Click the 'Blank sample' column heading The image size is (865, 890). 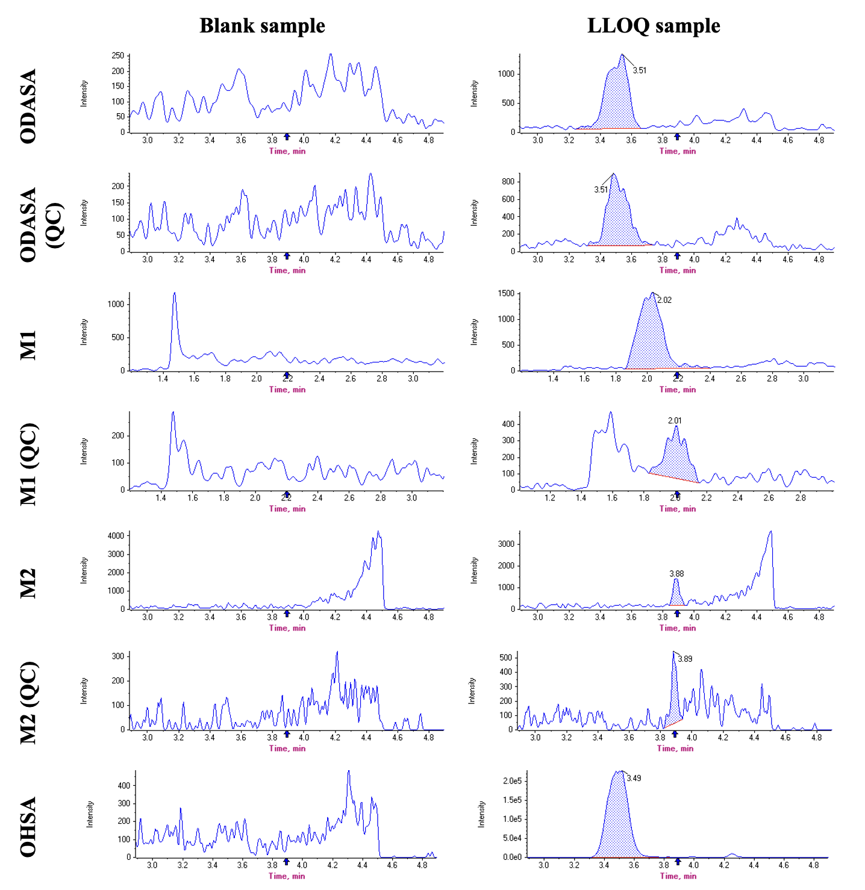(x=262, y=26)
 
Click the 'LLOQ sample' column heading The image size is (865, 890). (x=654, y=26)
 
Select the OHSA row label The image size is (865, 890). (x=28, y=826)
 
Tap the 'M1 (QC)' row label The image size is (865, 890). (x=28, y=464)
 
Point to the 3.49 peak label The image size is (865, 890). (x=634, y=778)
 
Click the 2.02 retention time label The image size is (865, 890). (x=664, y=300)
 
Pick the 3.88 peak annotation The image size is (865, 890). (x=676, y=574)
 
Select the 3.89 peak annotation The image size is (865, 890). (x=685, y=659)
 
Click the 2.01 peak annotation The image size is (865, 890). (x=675, y=421)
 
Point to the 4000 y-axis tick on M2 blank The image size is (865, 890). (x=116, y=536)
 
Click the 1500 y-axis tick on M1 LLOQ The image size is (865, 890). (x=507, y=294)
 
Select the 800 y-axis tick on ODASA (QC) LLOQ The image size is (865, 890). (x=508, y=182)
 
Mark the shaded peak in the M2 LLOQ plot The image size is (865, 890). (x=676, y=595)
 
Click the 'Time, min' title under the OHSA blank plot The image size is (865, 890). (x=287, y=876)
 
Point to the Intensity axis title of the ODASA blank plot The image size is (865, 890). (x=84, y=93)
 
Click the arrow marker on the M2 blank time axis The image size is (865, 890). (x=287, y=614)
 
